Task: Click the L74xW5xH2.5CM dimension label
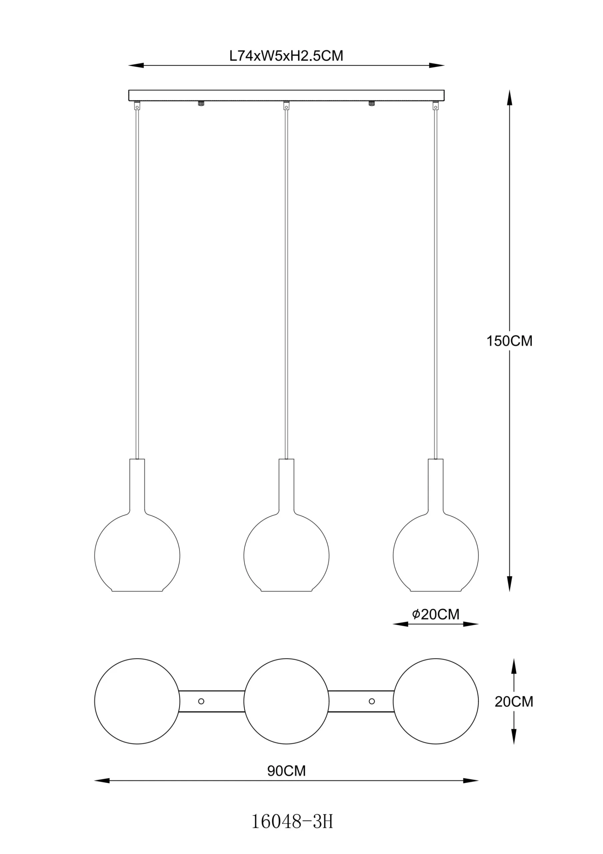286,56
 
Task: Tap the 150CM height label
509,341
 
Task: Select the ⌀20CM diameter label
435,614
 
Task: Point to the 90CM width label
286,771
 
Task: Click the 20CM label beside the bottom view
514,702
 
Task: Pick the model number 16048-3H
292,821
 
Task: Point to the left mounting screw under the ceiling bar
201,103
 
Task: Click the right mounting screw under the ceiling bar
371,103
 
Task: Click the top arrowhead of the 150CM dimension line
509,97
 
